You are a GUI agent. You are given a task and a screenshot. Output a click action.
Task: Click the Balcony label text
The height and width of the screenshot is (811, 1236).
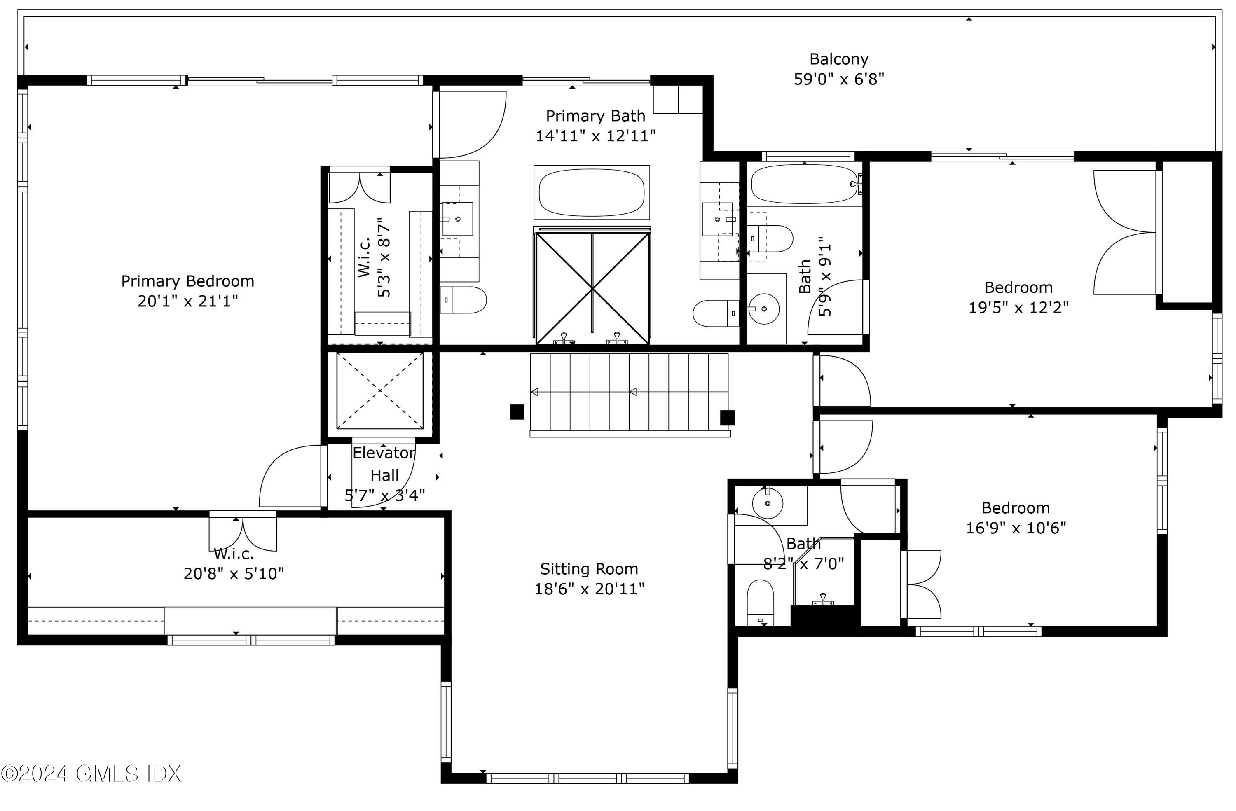(839, 60)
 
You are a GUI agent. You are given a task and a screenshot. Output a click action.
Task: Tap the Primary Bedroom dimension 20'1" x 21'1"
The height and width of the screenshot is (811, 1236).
(188, 301)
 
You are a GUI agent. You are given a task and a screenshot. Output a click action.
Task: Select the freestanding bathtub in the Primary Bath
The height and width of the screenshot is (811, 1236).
(592, 192)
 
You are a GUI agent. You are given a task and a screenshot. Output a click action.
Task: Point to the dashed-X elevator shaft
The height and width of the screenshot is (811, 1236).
(380, 391)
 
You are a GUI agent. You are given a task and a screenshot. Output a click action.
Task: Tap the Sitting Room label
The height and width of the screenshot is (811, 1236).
(589, 569)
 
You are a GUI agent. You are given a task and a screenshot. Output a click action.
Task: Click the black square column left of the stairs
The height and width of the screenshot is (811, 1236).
(517, 412)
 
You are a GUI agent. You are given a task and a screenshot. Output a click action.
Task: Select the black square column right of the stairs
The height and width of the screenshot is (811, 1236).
(727, 417)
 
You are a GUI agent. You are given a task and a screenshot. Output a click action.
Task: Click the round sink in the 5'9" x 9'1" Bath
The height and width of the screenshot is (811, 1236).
(764, 309)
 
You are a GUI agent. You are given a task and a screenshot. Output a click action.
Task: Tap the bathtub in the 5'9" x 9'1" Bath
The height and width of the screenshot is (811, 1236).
(805, 185)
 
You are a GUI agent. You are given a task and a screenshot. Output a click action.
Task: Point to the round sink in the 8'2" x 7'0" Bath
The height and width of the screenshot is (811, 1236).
(768, 502)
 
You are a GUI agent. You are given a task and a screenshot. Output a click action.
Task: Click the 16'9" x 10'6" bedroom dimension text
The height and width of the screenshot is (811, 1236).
(1016, 528)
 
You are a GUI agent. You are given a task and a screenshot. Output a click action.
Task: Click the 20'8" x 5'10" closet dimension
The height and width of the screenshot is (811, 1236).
(234, 574)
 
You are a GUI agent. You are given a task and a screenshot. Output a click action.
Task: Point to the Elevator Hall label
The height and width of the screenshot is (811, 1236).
(384, 464)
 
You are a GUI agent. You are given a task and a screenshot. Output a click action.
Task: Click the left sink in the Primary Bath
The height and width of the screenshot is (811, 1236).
(458, 219)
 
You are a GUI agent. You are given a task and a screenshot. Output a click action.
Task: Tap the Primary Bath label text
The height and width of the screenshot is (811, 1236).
(596, 116)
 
